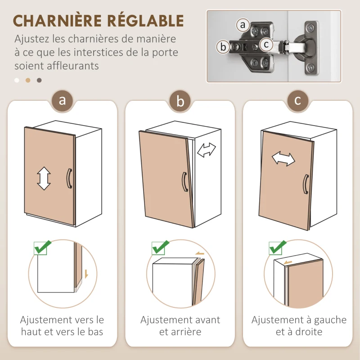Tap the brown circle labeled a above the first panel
click(62, 100)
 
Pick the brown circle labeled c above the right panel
click(297, 100)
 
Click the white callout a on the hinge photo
click(243, 25)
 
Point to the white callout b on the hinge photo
click(222, 46)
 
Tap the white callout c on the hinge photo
click(266, 45)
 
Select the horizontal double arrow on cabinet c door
click(283, 158)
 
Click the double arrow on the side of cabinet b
click(207, 149)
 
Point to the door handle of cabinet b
click(184, 182)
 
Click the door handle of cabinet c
click(306, 184)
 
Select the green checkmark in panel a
click(43, 246)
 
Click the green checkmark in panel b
click(161, 246)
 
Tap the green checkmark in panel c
click(278, 246)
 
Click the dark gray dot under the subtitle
click(39, 81)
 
